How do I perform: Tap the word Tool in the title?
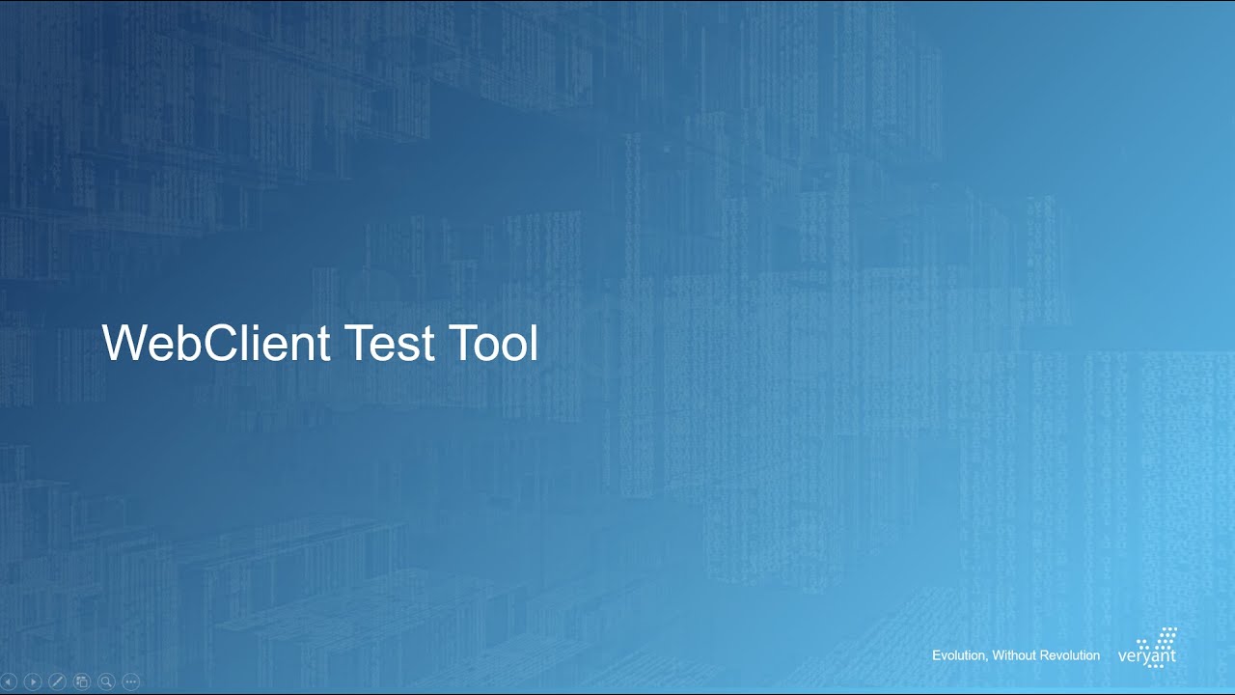(493, 344)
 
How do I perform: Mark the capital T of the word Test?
(357, 344)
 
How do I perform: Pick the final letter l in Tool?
(533, 344)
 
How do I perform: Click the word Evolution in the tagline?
(958, 655)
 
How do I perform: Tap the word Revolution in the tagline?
(1071, 655)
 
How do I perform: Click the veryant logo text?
(1146, 656)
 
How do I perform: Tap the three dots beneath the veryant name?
(1154, 666)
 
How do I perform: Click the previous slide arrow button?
(9, 681)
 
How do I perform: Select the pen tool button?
(57, 681)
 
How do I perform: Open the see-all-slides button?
(82, 681)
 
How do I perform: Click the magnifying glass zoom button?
(106, 681)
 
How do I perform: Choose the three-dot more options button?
(131, 681)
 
